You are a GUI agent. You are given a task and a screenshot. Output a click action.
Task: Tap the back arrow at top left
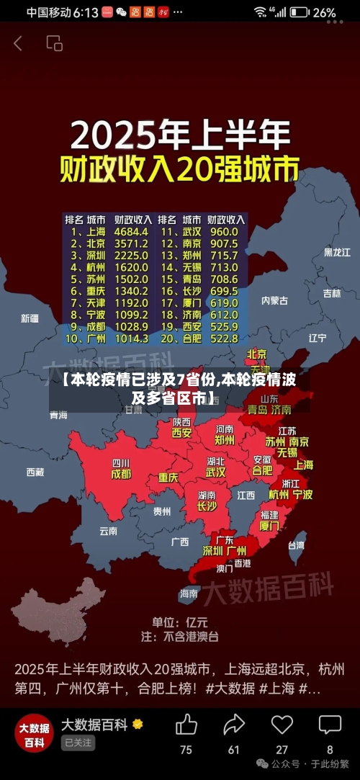tap(18, 43)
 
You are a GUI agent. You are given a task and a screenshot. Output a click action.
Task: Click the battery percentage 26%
tap(324, 12)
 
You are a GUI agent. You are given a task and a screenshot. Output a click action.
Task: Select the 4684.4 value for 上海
tap(131, 232)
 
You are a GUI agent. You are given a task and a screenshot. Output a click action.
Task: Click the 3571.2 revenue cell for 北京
tap(131, 243)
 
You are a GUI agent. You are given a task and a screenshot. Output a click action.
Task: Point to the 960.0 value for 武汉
tap(223, 232)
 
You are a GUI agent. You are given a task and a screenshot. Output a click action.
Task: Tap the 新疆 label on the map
tap(30, 318)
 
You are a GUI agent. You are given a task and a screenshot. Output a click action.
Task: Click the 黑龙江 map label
tap(336, 252)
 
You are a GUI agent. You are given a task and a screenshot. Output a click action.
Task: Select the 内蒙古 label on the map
tap(274, 300)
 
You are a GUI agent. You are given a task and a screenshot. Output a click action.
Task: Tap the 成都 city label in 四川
tap(121, 474)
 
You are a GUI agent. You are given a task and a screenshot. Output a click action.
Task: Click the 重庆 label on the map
tap(168, 477)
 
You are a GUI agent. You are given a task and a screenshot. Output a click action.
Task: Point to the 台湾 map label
tap(296, 545)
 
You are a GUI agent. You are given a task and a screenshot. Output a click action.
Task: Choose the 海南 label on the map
tap(189, 593)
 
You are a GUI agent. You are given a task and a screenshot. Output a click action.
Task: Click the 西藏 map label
tap(35, 472)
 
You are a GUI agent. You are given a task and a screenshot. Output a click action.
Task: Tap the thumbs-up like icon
tap(186, 725)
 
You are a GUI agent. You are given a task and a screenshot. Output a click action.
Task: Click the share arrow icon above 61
tap(234, 725)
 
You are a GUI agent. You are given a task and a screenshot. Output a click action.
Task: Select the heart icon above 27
tap(282, 725)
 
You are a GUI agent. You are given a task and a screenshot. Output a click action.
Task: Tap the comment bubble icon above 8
tap(330, 725)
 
